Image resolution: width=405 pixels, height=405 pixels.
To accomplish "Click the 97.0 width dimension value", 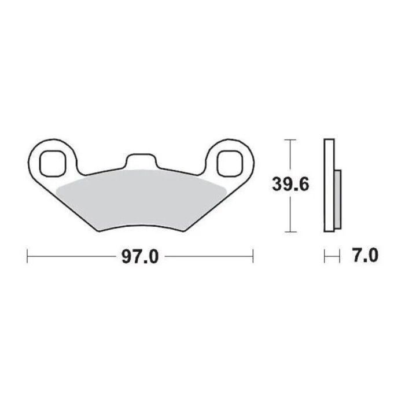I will pos(139,255).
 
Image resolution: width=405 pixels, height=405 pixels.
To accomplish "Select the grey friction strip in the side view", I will pos(337,198).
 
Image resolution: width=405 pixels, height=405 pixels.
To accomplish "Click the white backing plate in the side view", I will pos(329,185).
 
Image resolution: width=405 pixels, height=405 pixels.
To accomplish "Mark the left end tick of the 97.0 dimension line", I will pos(28,255).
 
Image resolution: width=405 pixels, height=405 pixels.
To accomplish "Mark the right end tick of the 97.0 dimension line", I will pos(253,255).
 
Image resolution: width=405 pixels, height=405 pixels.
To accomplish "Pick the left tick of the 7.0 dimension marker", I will pos(325,255).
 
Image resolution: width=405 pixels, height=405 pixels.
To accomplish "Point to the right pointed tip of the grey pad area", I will pos(225,191).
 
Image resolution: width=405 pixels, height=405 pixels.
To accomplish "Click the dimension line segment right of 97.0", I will pos(208,255).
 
